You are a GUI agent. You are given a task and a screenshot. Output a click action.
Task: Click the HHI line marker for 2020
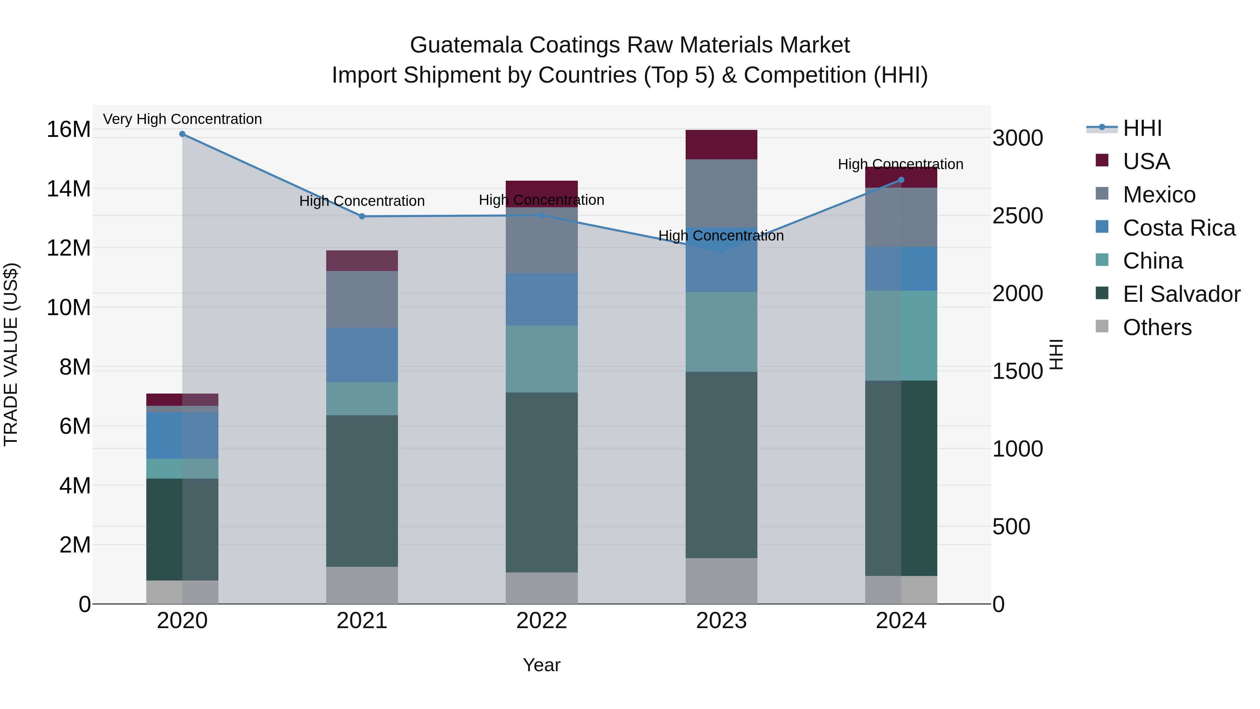(182, 134)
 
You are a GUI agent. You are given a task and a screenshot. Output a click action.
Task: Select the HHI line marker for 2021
(362, 216)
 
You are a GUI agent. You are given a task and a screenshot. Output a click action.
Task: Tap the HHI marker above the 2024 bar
(902, 180)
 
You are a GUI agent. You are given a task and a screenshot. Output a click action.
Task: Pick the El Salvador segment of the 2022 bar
(541, 482)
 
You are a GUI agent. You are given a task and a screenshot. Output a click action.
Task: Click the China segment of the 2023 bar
(721, 332)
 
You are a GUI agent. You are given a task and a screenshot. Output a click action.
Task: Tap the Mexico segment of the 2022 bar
(541, 240)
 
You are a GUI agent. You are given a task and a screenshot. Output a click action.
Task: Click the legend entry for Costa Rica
(1179, 228)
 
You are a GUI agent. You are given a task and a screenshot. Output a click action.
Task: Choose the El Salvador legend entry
(1181, 294)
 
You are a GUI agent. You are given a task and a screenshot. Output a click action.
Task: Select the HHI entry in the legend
(1142, 128)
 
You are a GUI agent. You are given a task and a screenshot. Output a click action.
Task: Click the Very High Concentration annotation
(182, 119)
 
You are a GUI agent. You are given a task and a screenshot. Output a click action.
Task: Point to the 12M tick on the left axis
(69, 248)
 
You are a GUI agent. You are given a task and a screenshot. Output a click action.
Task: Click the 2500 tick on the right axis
(1017, 216)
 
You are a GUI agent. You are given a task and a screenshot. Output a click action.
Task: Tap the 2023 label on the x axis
(721, 621)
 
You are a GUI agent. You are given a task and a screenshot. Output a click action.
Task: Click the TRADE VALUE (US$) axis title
(11, 355)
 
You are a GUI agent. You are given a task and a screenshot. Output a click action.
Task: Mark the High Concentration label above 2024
(901, 165)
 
